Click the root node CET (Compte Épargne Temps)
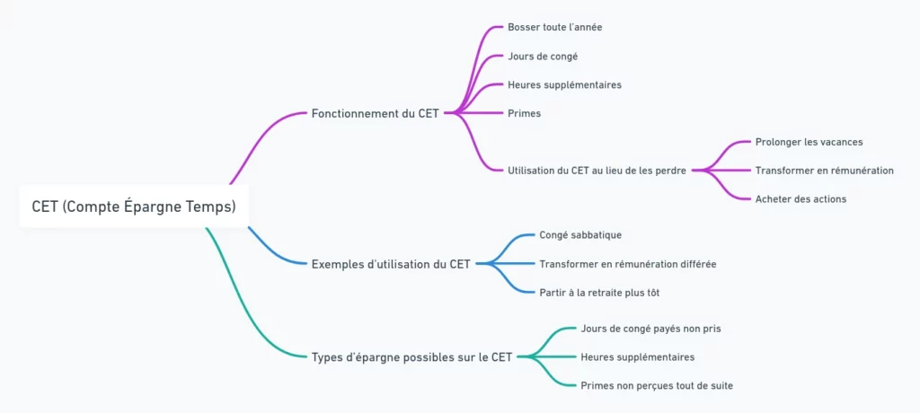(x=134, y=206)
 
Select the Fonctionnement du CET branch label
(x=375, y=114)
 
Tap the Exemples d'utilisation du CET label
(x=390, y=264)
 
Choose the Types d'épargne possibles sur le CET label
(x=411, y=357)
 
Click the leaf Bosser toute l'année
(x=554, y=27)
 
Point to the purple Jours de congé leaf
(x=542, y=56)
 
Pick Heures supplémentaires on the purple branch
(x=564, y=84)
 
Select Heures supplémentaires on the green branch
(x=637, y=357)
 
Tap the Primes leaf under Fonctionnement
(x=524, y=113)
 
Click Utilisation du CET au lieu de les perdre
(x=597, y=171)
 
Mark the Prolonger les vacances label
(x=809, y=142)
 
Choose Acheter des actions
(x=801, y=199)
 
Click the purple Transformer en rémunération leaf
(x=824, y=171)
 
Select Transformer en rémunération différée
(x=627, y=264)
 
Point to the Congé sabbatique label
(x=579, y=235)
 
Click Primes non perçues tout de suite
(x=657, y=386)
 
